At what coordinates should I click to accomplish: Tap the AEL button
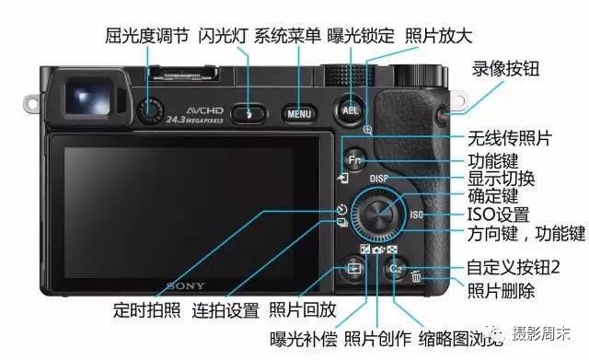click(350, 110)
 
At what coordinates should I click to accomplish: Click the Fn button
click(354, 160)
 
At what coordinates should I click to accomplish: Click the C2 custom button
click(397, 268)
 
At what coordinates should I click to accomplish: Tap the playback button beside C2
click(354, 268)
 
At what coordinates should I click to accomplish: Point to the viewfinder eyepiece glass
click(88, 98)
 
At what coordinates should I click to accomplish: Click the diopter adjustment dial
click(150, 111)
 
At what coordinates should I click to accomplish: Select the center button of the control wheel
click(378, 215)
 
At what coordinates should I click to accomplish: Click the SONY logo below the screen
click(186, 286)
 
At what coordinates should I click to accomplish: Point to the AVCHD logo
click(204, 110)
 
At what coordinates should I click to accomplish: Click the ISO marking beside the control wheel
click(416, 215)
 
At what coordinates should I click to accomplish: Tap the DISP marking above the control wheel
click(378, 179)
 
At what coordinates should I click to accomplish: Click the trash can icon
click(415, 276)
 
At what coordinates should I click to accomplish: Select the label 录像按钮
click(505, 68)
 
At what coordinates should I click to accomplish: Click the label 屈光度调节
click(147, 36)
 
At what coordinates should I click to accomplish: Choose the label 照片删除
click(501, 290)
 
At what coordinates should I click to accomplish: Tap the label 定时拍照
click(147, 310)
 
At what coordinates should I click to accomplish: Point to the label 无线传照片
click(510, 138)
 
